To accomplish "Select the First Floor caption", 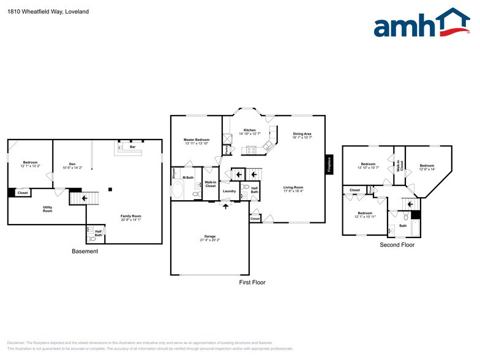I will click(252, 282).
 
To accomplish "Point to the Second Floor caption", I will click(397, 245).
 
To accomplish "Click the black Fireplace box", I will click(329, 165).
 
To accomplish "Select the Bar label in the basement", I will click(132, 147).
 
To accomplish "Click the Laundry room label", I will click(229, 191).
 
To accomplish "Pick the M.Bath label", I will click(188, 178).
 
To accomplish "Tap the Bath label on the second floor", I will click(402, 226).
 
